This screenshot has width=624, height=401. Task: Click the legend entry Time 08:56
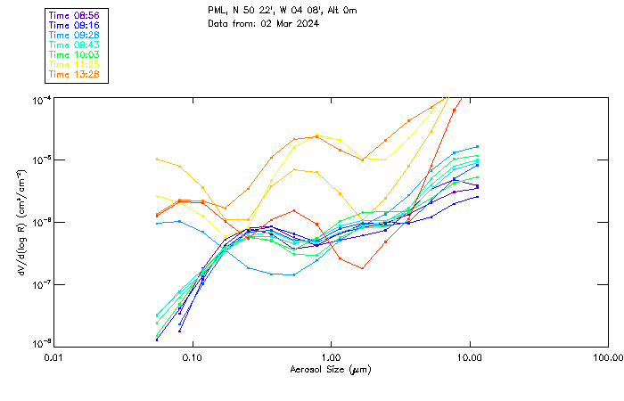pyautogui.click(x=74, y=16)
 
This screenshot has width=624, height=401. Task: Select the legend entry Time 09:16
pyautogui.click(x=74, y=26)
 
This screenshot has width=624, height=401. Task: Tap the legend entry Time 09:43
pyautogui.click(x=74, y=45)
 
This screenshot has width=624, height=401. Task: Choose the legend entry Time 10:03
pyautogui.click(x=74, y=55)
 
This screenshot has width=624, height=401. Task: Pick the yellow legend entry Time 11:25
pyautogui.click(x=74, y=65)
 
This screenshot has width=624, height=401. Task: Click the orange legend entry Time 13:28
pyautogui.click(x=74, y=74)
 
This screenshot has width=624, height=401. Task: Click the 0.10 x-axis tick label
pyautogui.click(x=192, y=356)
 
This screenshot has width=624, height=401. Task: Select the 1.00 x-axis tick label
pyautogui.click(x=331, y=356)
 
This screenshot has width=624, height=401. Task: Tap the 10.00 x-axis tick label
pyautogui.click(x=469, y=356)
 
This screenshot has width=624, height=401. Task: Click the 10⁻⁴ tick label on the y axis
pyautogui.click(x=42, y=98)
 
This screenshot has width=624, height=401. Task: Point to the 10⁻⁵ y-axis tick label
pyautogui.click(x=42, y=160)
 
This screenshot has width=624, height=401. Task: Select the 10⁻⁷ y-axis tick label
pyautogui.click(x=42, y=283)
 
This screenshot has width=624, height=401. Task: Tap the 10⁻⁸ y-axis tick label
pyautogui.click(x=42, y=343)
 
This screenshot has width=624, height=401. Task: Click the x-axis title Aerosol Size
pyautogui.click(x=331, y=369)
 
